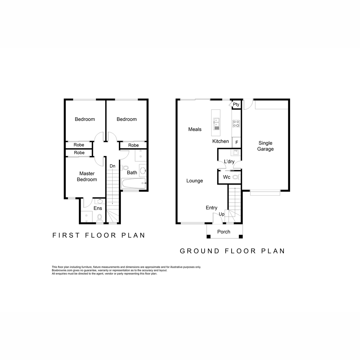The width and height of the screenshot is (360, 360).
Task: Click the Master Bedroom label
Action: point(87,176)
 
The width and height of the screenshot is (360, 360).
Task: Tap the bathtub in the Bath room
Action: point(133,183)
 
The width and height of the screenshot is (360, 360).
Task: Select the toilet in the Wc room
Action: point(236,177)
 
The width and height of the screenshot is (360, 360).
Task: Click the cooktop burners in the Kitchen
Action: point(236,124)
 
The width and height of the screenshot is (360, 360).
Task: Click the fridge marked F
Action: point(236,142)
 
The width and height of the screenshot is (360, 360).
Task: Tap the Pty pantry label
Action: point(236,104)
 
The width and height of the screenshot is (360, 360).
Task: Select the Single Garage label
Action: point(265,146)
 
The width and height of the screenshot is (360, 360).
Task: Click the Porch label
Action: point(223,232)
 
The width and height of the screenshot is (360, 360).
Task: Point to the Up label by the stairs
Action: point(222,214)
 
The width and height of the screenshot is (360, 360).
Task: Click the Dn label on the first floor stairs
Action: point(112,166)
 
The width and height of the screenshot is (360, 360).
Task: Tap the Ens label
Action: point(98,208)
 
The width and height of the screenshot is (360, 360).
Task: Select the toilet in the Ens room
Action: point(100,218)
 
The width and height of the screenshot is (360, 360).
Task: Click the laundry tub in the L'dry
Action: point(235,152)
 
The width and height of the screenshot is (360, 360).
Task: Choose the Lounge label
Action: point(194,181)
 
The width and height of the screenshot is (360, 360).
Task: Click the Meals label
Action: point(195,129)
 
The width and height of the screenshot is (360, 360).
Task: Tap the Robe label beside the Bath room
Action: point(133,145)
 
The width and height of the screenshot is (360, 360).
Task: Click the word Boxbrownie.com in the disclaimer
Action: point(62,270)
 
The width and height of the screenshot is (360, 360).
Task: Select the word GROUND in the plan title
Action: point(199,251)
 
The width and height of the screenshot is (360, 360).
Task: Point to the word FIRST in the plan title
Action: point(66,235)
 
